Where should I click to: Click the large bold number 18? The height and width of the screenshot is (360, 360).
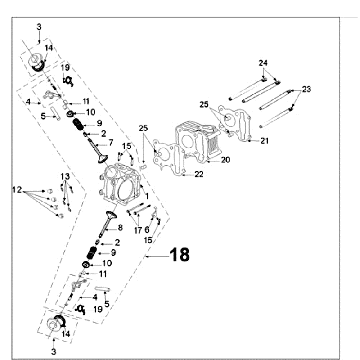(180, 255)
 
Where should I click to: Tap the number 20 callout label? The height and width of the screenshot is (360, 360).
(225, 160)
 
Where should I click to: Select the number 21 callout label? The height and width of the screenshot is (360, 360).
(264, 141)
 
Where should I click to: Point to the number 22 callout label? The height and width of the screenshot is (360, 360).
(199, 174)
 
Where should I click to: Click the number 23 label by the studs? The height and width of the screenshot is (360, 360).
(306, 89)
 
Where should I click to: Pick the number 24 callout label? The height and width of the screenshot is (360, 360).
(263, 63)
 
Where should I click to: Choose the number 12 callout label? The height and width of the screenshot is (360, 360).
(17, 190)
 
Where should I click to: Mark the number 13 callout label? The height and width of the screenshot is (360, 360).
(65, 176)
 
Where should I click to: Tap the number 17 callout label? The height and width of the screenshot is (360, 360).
(138, 230)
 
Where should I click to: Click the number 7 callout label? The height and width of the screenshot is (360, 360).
(111, 143)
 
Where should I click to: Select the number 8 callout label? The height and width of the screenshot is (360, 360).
(120, 228)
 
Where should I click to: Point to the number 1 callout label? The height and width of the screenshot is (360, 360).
(147, 197)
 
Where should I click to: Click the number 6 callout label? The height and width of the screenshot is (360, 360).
(147, 230)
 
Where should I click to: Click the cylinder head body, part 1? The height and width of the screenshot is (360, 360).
(121, 186)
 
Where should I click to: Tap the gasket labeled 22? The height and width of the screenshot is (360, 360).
(169, 157)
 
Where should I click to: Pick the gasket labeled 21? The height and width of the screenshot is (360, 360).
(234, 124)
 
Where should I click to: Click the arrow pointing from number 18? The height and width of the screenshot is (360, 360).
(157, 256)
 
